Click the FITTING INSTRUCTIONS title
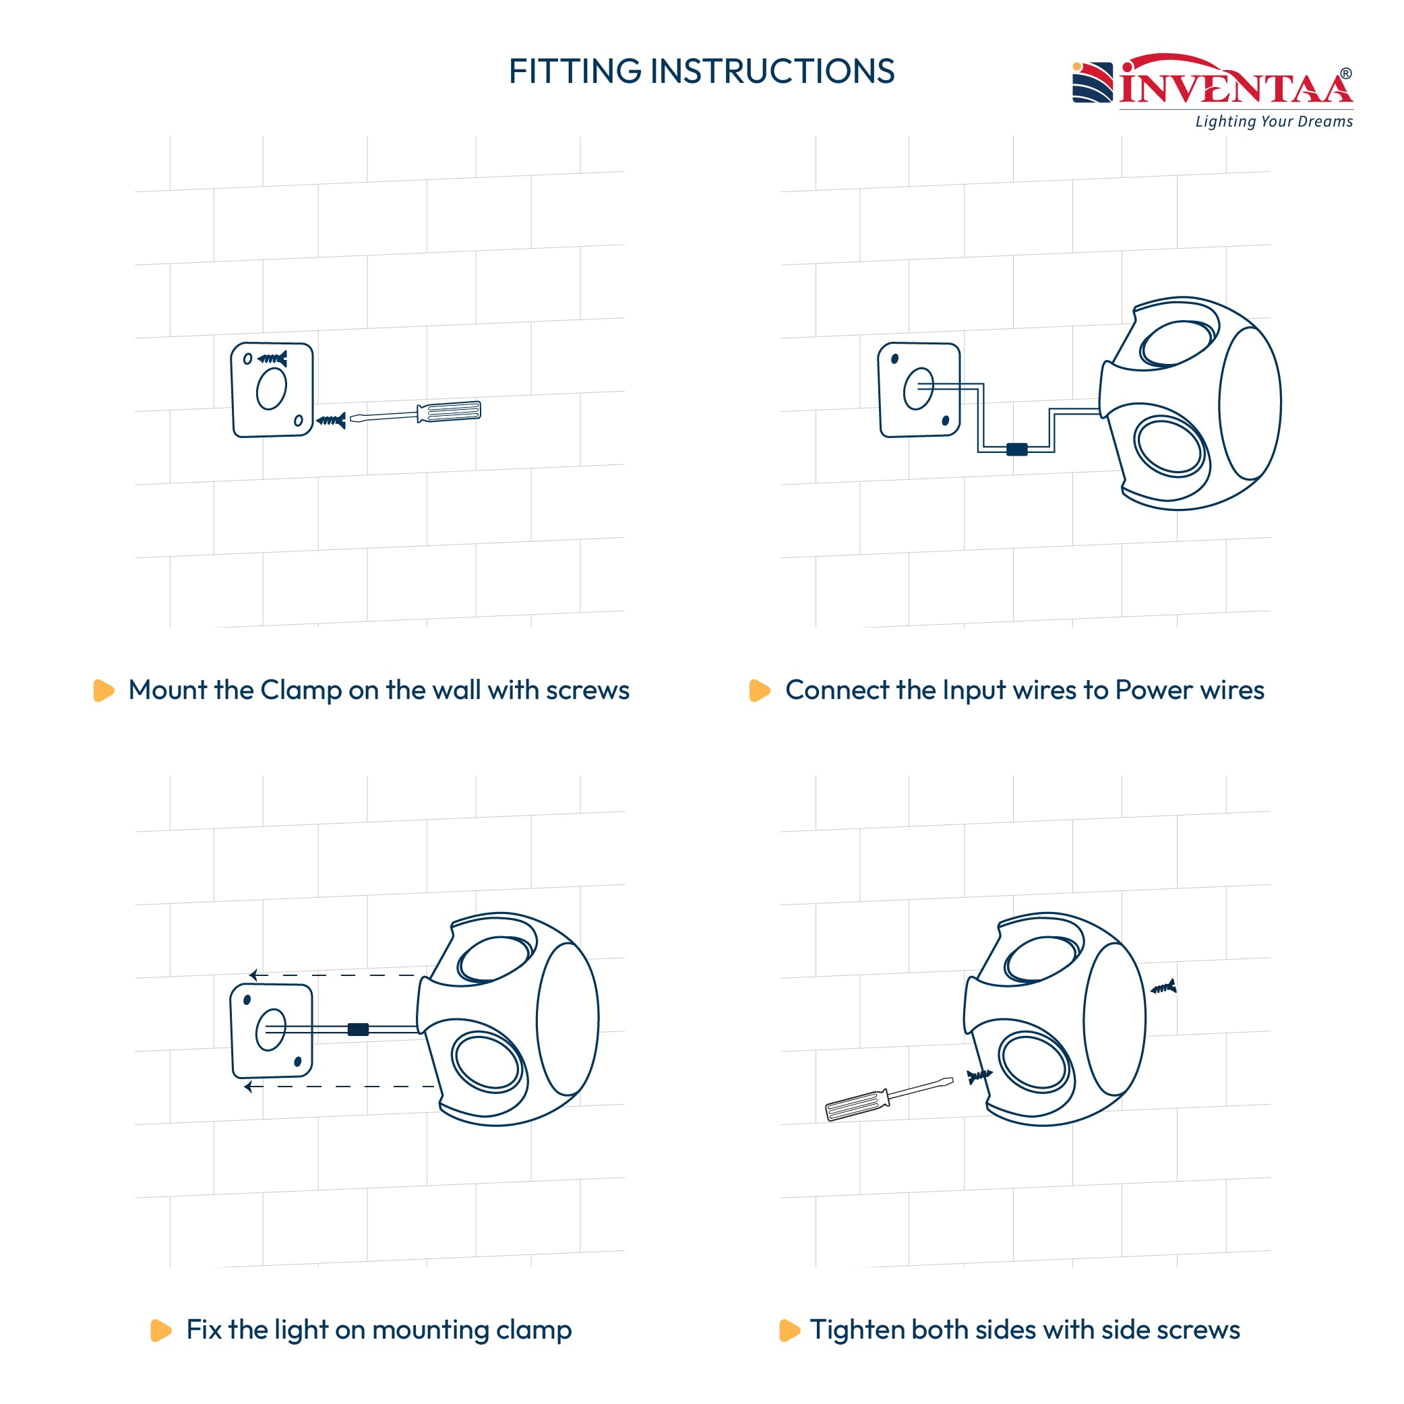coord(701,71)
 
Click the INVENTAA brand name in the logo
coord(1236,82)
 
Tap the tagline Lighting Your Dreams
coord(1274,121)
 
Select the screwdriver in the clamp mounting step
coord(415,413)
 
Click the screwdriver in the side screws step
coord(889,1099)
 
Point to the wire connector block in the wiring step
coord(1016,449)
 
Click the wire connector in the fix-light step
coord(359,1029)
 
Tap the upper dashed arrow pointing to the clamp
coord(332,975)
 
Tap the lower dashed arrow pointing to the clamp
coord(339,1087)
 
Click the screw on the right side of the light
coord(1163,987)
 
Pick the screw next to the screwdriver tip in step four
coord(979,1076)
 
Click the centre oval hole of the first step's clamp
coord(272,389)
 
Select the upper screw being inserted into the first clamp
coord(272,359)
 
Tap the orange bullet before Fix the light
coord(160,1330)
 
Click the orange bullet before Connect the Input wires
coord(760,690)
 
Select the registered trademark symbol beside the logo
coord(1346,73)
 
